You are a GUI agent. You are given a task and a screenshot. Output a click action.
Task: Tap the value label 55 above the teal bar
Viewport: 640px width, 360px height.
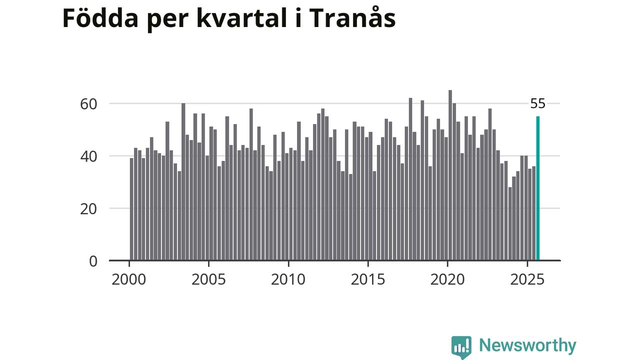[x=538, y=104]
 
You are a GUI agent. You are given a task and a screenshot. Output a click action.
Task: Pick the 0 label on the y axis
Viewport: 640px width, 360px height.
[x=93, y=261]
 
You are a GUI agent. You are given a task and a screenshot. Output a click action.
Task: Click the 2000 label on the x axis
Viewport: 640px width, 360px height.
[x=129, y=279]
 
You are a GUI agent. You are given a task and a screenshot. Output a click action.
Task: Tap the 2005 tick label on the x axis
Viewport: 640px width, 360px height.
[x=208, y=279]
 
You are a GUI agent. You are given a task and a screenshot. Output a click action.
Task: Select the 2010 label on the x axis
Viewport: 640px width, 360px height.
[x=288, y=279]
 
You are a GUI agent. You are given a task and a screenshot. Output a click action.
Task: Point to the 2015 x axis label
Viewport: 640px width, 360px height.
[x=367, y=279]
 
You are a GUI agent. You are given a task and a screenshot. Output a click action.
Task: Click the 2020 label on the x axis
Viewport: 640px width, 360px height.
[x=447, y=279]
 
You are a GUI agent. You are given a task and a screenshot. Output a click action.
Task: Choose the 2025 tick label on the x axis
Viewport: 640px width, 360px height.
[x=527, y=279]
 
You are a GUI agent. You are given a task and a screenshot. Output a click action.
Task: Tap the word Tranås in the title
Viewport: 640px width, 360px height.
[x=352, y=18]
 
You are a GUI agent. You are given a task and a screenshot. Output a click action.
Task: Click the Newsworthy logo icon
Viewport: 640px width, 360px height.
[x=461, y=346]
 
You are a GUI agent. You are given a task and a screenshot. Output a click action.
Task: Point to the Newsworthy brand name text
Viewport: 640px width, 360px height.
[x=527, y=345]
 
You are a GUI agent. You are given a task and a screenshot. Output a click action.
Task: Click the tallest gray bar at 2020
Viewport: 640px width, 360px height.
[x=450, y=175]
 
